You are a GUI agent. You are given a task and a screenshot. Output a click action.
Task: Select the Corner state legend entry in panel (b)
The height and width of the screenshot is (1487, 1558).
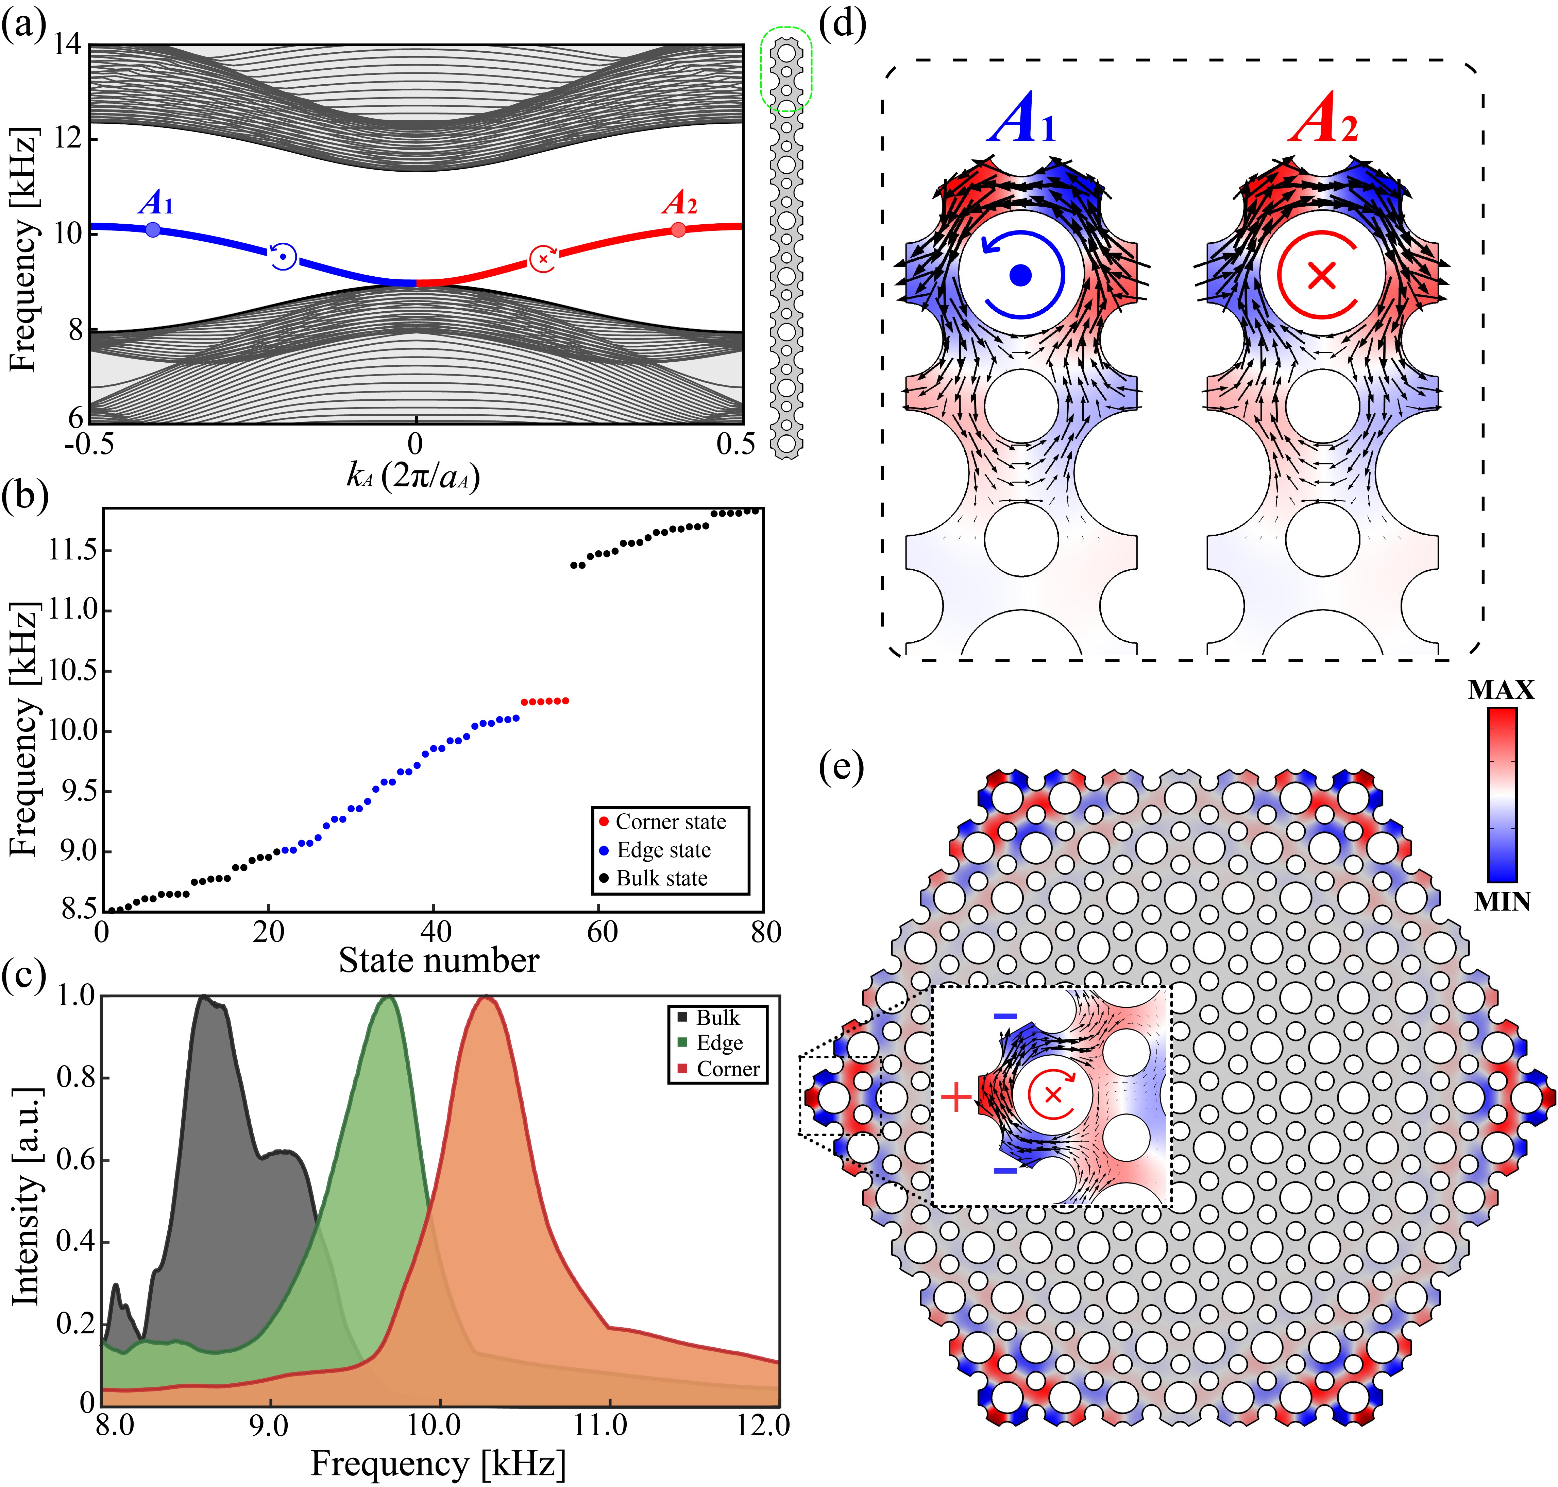click(670, 822)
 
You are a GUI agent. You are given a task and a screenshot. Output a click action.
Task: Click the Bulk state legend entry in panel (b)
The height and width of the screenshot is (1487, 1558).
click(661, 878)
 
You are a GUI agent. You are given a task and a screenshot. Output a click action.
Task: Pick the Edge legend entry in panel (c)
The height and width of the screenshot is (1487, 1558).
click(719, 1043)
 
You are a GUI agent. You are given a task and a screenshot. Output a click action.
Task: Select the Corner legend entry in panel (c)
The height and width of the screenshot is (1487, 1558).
click(727, 1069)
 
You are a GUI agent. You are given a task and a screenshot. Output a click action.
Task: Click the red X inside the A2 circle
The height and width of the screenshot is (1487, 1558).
click(1322, 276)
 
